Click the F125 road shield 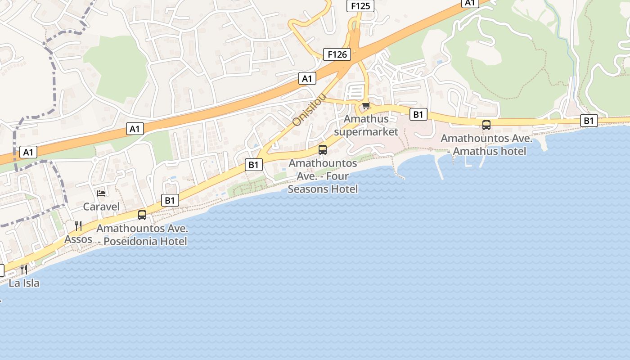click(x=360, y=6)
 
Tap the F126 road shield click(x=337, y=54)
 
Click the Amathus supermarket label click(x=366, y=126)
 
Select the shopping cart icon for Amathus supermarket click(x=366, y=106)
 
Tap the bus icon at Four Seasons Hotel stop click(x=323, y=150)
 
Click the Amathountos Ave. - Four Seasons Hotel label click(x=323, y=176)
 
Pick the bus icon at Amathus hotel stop click(x=486, y=125)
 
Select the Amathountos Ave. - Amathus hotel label click(x=486, y=145)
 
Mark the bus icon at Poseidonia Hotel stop click(x=142, y=215)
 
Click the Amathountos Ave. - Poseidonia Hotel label click(x=142, y=235)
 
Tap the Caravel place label click(x=102, y=207)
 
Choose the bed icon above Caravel click(x=102, y=193)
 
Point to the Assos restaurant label click(x=78, y=239)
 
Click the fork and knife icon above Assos click(x=78, y=225)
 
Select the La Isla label click(x=24, y=283)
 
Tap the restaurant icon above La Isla click(x=24, y=270)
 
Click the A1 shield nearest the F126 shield click(x=307, y=79)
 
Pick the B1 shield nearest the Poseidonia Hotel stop click(x=170, y=200)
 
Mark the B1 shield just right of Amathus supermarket click(x=418, y=115)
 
